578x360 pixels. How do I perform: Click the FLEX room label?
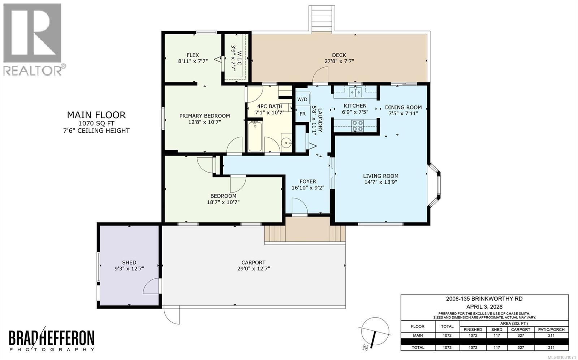point(193,55)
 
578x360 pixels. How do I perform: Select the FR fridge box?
point(302,114)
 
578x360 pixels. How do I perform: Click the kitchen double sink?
point(355,92)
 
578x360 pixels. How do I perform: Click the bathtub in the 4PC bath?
point(255,136)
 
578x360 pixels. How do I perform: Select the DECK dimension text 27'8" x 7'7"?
point(339,61)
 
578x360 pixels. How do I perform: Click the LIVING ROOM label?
point(381,176)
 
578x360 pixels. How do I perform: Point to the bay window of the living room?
point(435,185)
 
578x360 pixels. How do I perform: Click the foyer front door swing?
point(300,206)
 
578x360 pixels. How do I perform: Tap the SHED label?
point(129,262)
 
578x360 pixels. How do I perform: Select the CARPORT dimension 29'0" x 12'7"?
point(254,269)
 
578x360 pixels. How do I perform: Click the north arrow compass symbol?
point(375,333)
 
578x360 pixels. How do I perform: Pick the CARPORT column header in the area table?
point(521,330)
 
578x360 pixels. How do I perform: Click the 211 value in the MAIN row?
point(551,335)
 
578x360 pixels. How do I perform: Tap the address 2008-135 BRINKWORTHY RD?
point(484,299)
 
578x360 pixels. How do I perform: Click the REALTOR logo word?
point(33,70)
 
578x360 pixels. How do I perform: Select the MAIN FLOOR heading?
point(96,115)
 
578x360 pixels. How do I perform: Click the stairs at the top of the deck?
point(322,18)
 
